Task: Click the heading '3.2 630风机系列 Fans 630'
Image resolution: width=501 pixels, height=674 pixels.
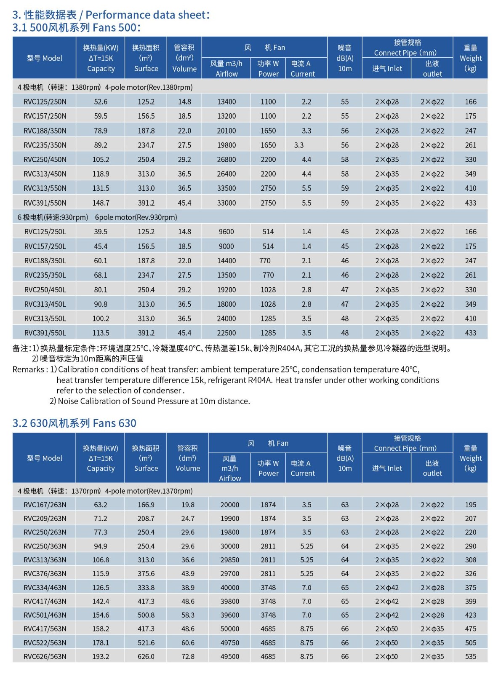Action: click(x=74, y=423)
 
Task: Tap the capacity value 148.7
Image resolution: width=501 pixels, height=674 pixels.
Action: click(x=101, y=203)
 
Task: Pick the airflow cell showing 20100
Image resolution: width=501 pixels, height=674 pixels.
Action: click(x=227, y=131)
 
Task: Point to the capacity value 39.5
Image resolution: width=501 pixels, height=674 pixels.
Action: click(x=101, y=232)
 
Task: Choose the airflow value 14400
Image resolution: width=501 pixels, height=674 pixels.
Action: click(x=227, y=261)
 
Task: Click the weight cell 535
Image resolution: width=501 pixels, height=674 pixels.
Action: click(x=470, y=656)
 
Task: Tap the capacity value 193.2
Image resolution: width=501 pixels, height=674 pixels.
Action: click(x=101, y=656)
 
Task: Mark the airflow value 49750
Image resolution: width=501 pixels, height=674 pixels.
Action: click(x=230, y=643)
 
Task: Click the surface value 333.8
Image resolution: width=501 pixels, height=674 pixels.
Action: click(x=146, y=588)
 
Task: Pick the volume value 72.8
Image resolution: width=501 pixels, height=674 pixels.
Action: click(x=188, y=656)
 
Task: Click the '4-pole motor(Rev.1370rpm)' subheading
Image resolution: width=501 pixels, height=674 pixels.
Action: click(x=149, y=491)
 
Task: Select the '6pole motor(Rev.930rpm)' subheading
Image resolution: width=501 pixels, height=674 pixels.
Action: click(x=136, y=217)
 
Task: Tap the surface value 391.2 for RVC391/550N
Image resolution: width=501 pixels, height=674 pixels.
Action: click(x=146, y=203)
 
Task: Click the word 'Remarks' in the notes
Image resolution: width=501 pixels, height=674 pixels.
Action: click(x=28, y=369)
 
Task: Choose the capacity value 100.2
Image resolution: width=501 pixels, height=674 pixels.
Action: click(x=101, y=318)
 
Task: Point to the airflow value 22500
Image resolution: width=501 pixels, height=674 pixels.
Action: click(x=227, y=333)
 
